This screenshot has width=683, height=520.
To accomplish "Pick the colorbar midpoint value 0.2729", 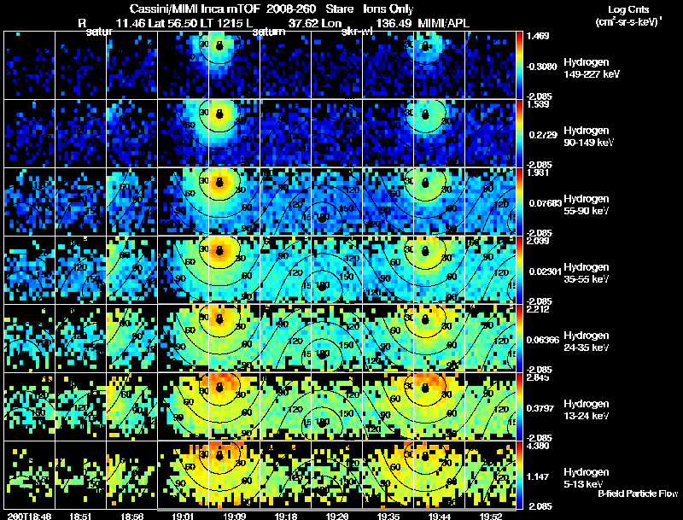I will [543, 135].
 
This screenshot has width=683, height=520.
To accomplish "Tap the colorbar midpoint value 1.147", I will [539, 475].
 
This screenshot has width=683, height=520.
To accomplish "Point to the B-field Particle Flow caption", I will [638, 494].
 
